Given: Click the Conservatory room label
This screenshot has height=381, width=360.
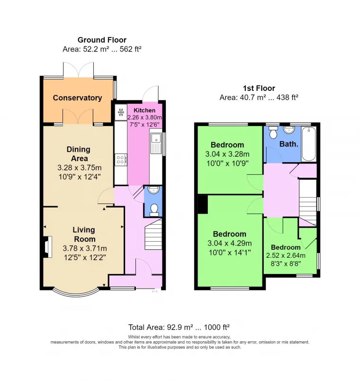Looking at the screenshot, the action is pos(77,98).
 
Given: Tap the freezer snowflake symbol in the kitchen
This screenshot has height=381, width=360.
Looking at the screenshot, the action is pos(121,112).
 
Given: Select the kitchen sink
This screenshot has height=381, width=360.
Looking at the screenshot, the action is pos(156,143).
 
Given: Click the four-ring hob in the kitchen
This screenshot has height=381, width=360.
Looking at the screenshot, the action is pos(121,160).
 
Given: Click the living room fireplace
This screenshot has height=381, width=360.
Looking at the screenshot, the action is pos(48,246).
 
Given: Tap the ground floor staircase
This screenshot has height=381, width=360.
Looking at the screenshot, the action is pos(153,234).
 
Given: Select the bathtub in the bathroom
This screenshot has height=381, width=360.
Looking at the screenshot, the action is pos(309,144).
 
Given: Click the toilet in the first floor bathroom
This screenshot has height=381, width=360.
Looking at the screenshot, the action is pos(273,132).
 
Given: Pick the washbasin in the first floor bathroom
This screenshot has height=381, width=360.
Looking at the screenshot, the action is pos(289,130).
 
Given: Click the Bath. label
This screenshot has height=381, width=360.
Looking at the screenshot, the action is pos(289,144).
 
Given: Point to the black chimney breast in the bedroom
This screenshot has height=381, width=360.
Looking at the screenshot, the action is pos(203,205).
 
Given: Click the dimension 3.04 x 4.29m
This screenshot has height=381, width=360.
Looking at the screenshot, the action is pos(230,243).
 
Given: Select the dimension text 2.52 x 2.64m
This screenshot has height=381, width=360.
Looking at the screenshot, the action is pos(286,255).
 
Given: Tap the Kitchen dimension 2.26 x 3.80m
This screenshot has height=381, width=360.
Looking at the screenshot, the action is pos(144,118).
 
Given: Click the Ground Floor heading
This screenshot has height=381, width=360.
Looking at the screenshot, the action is pos(102,40).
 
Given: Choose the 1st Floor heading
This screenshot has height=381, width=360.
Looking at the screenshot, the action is pos(259,88).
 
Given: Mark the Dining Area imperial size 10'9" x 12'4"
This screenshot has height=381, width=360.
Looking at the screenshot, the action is pos(80,177).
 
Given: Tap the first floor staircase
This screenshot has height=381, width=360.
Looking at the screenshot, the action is pos(308,203).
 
